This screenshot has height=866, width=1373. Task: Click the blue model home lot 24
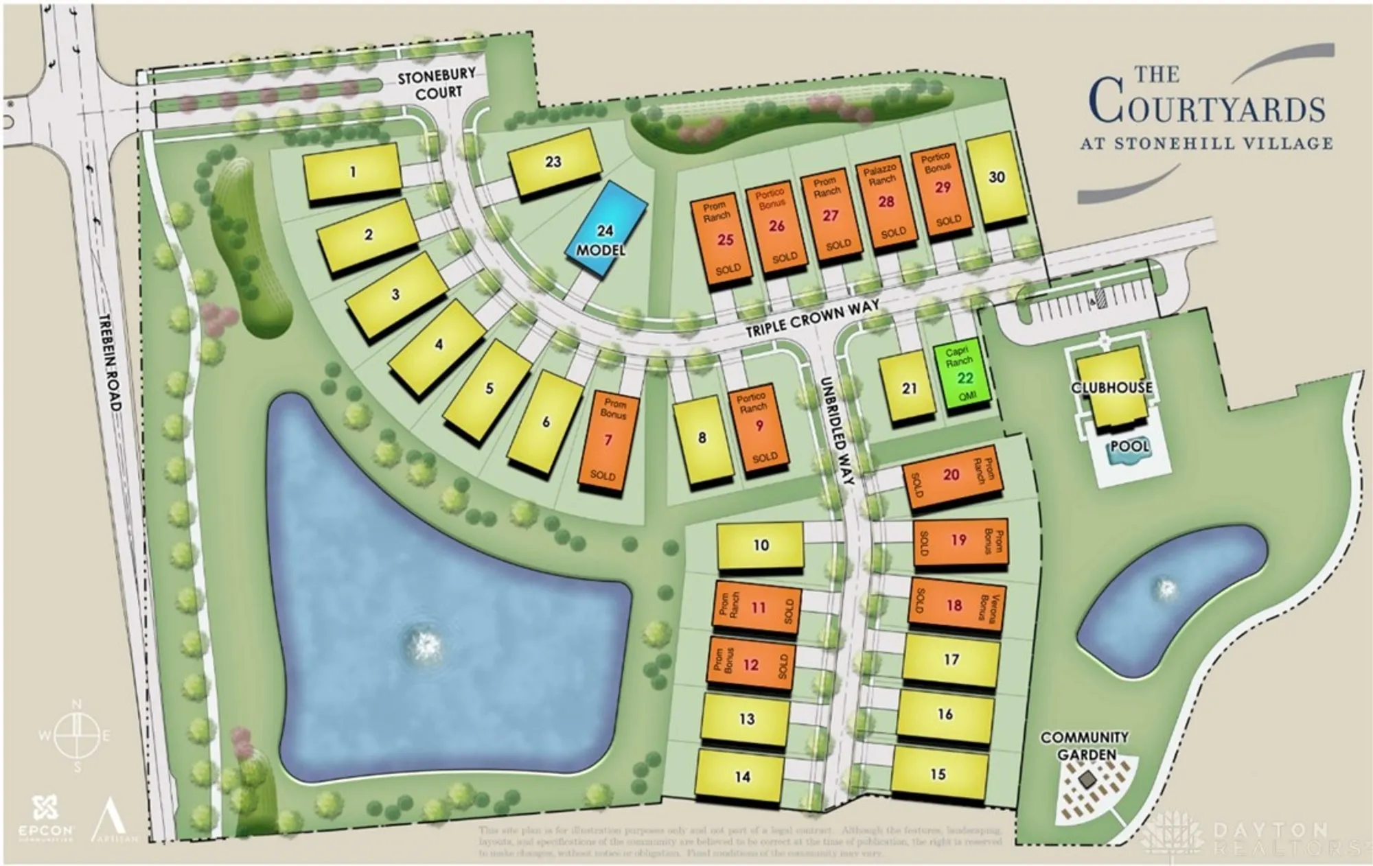click(605, 229)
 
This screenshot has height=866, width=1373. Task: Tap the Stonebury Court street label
click(437, 84)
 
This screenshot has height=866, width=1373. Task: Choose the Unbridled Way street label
click(835, 430)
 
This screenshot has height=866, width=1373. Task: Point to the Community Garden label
click(1085, 745)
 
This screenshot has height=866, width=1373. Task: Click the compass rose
click(77, 736)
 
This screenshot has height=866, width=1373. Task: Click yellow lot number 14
click(741, 776)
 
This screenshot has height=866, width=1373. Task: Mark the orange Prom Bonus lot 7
click(607, 440)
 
